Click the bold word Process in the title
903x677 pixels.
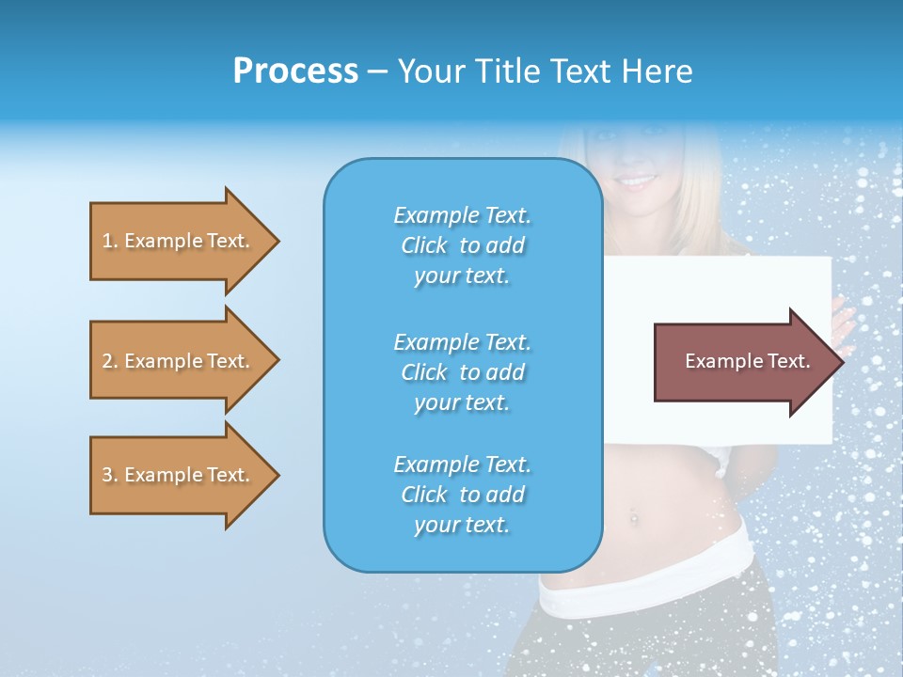[295, 71]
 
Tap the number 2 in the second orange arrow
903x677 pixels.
[107, 361]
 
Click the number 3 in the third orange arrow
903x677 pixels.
[107, 475]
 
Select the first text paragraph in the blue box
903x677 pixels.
[462, 245]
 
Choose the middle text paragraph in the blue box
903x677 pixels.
[462, 372]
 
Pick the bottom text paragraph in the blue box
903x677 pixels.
[462, 495]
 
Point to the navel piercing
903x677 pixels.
[633, 516]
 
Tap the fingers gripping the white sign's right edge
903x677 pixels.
[843, 320]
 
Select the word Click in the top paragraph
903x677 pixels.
[424, 245]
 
